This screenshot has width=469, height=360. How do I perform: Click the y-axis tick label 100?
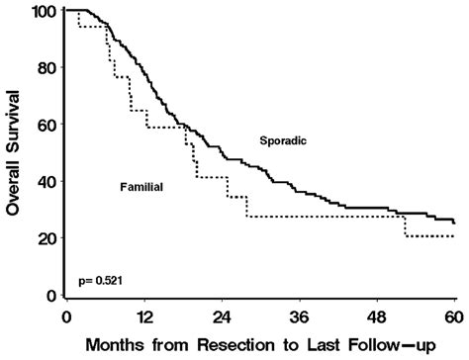(42, 11)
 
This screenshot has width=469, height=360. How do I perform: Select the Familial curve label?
(141, 186)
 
